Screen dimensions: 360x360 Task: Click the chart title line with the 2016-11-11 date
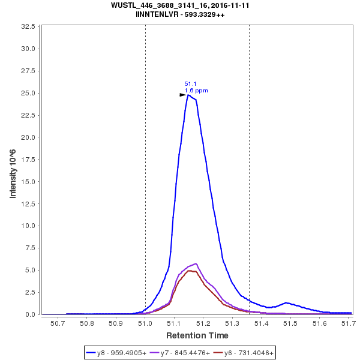(x=180, y=5)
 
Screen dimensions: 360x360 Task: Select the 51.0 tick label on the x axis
(x=145, y=323)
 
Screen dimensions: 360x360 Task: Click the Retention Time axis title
(x=197, y=335)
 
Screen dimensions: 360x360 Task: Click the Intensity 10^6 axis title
(x=13, y=170)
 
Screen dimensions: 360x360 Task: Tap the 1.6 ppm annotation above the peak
(x=196, y=91)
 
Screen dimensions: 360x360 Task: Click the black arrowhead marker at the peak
(x=183, y=95)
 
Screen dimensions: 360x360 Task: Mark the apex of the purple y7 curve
(x=196, y=263)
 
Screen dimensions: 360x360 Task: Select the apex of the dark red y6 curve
(x=190, y=271)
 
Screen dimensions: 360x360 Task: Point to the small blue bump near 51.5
(x=287, y=302)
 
